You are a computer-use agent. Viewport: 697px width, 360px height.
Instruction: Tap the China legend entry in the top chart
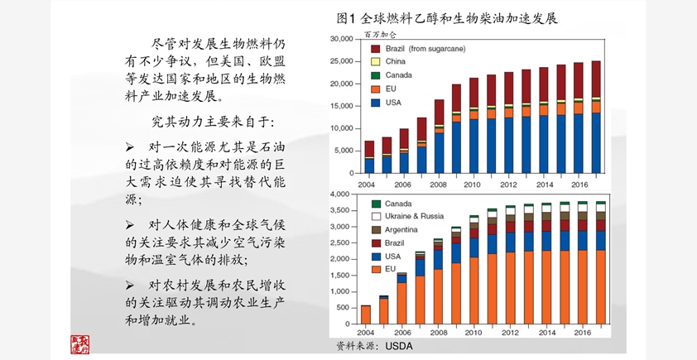coord(395,62)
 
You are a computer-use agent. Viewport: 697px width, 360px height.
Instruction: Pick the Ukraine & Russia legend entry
coord(415,216)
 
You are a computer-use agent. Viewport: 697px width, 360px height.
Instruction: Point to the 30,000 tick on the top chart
coord(341,40)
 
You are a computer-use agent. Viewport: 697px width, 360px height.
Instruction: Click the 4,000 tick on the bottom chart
coord(344,194)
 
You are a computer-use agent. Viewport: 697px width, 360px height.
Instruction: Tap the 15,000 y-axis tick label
coord(341,107)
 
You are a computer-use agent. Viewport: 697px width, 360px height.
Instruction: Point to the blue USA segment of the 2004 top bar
coord(369,166)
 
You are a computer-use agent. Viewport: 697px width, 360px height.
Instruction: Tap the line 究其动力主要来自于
coord(212,122)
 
